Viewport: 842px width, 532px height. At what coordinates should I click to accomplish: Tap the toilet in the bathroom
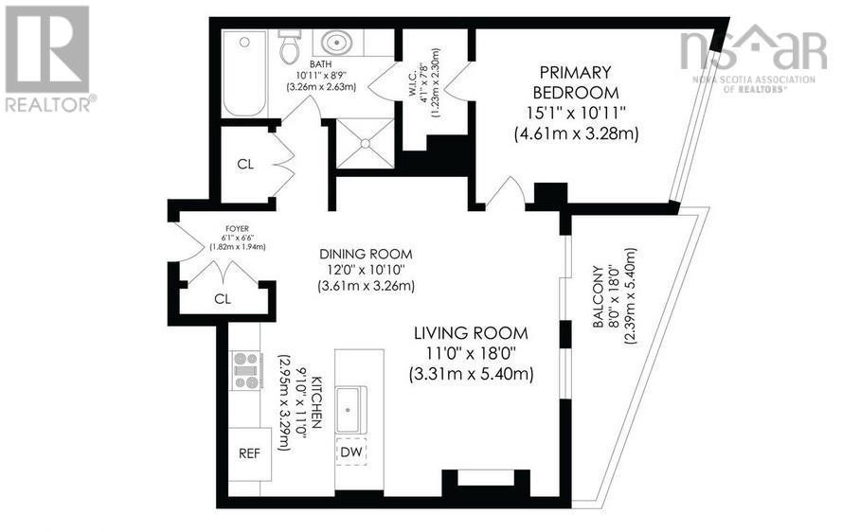point(290,46)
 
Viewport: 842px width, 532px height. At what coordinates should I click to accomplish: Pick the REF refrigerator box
point(249,453)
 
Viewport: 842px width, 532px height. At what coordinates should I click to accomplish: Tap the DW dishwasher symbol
point(350,452)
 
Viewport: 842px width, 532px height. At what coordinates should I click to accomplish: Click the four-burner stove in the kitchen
point(247,370)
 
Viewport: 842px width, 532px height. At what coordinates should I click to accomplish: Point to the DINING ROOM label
point(366,254)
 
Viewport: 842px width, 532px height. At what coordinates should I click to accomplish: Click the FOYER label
point(231,230)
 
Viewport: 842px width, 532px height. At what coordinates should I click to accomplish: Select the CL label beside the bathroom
point(245,164)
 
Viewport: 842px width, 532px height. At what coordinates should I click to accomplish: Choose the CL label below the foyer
point(223,298)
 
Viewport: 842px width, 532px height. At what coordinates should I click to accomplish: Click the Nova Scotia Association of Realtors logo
point(752,57)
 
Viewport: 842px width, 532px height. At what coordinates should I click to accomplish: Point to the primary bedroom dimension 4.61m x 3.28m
point(576,133)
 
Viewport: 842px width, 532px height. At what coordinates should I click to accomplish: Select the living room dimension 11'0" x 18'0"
point(471,354)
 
